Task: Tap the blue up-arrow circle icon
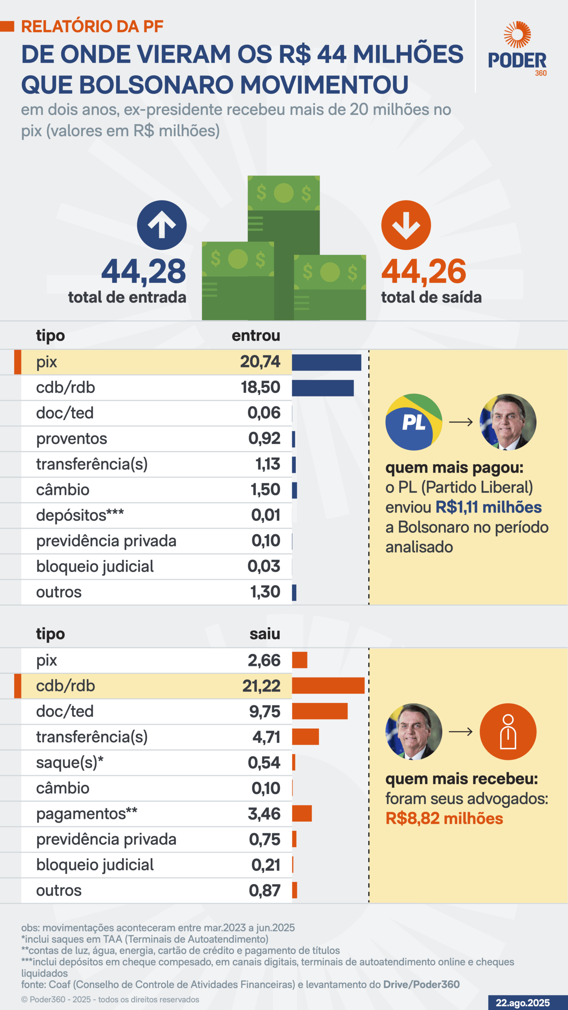tap(162, 225)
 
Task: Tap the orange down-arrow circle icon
tap(406, 225)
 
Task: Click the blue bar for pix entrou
tap(326, 362)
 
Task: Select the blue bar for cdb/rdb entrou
tap(323, 388)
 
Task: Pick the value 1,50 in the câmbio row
tap(265, 490)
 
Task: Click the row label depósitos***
tap(80, 515)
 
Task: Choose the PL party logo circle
tap(414, 422)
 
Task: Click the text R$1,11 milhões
tap(488, 507)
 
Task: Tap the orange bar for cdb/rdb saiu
tap(328, 685)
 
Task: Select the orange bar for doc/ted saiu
tap(320, 711)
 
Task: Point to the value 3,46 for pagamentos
tap(264, 814)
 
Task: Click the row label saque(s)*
tap(70, 763)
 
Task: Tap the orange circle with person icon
tap(508, 731)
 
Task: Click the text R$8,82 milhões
tap(444, 819)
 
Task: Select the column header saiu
tap(265, 634)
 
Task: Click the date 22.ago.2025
tap(523, 1003)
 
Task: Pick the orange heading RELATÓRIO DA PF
tap(92, 26)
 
